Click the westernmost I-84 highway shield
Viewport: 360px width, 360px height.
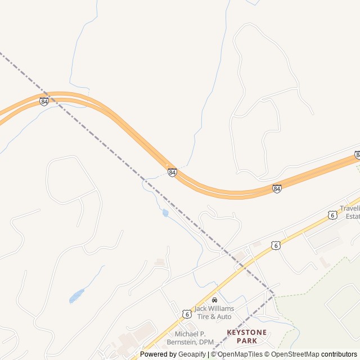pos(44,101)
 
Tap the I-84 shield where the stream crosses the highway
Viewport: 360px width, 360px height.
pos(172,172)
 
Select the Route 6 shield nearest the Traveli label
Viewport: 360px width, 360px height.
pos(332,215)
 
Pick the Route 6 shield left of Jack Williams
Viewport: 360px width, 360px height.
pos(186,313)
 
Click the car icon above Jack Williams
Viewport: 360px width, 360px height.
pos(214,300)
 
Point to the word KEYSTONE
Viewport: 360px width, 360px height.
pos(247,332)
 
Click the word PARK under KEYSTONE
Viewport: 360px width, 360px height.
pos(247,341)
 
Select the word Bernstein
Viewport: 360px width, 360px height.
pos(182,342)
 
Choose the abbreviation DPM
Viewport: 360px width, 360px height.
pos(206,342)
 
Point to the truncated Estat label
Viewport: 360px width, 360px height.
pos(353,217)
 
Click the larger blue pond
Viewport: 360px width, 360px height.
pos(76,295)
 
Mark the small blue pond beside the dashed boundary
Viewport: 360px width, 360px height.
pos(165,213)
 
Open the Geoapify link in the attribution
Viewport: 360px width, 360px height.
pos(192,354)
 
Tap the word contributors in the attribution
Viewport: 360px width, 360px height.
pos(339,354)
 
